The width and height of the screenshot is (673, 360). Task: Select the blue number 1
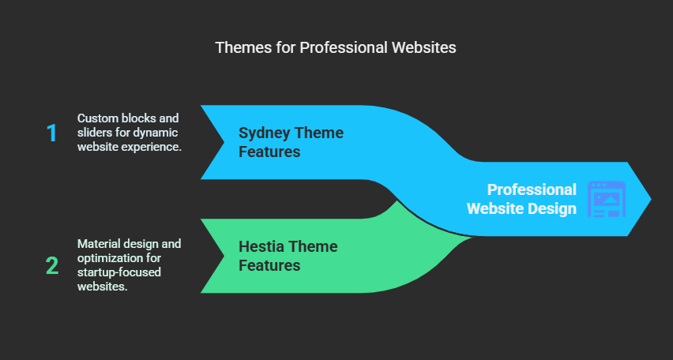point(52,133)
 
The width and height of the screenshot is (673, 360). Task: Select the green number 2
point(52,266)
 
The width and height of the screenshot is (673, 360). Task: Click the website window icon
point(607,199)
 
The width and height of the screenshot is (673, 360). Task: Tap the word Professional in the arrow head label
point(532,189)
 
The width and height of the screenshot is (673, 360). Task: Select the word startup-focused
point(119,272)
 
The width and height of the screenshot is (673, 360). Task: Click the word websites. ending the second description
point(103,287)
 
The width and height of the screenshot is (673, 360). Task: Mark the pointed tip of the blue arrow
point(651,199)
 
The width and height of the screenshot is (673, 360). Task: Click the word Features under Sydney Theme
point(269,152)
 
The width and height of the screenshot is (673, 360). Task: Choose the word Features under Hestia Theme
point(269,265)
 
